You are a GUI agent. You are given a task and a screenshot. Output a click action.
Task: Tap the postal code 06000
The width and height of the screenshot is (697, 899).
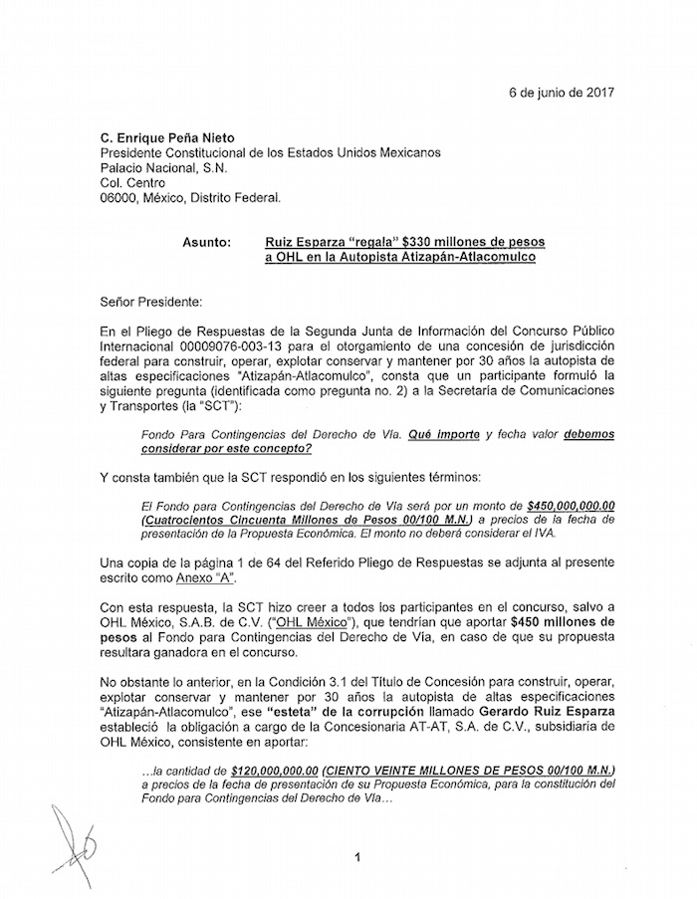[x=119, y=197]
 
